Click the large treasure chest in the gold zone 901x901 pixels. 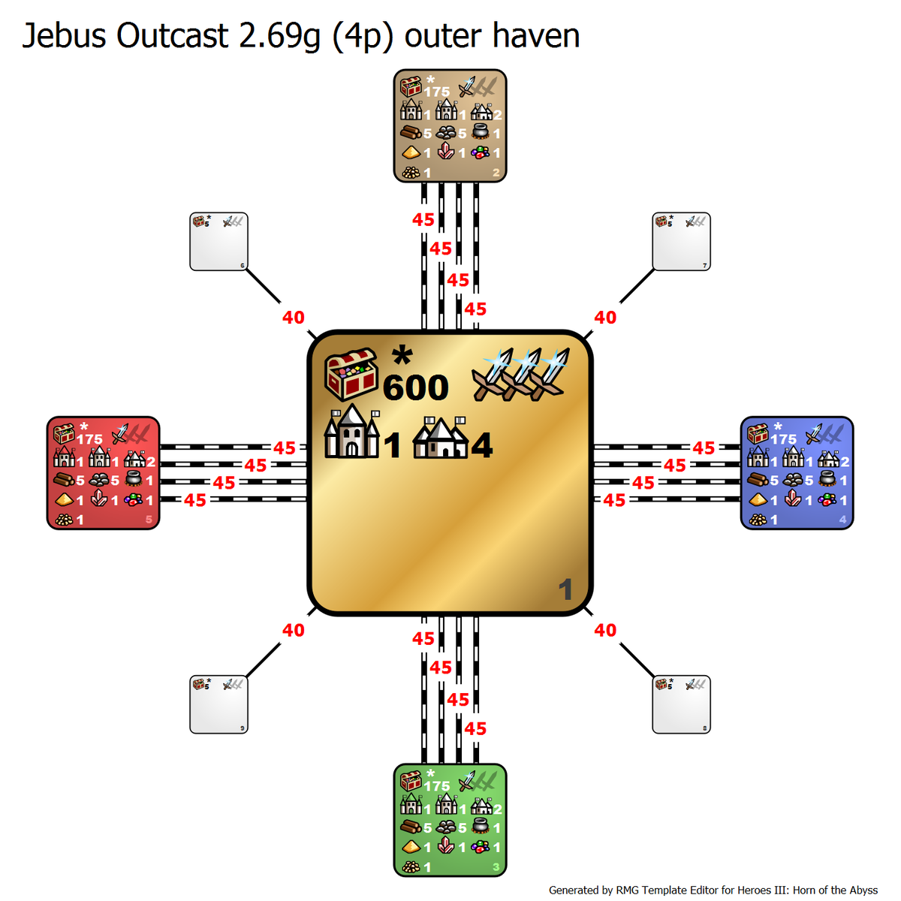click(x=351, y=373)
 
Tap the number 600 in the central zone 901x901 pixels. click(x=415, y=388)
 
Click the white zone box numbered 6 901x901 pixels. click(x=218, y=242)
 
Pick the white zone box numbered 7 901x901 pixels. click(x=681, y=242)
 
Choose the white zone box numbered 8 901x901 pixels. click(x=681, y=705)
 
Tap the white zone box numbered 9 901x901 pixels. click(x=218, y=705)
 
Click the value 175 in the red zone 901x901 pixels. click(x=89, y=439)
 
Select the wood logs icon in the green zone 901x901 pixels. click(x=411, y=827)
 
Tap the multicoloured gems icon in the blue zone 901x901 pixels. click(x=827, y=499)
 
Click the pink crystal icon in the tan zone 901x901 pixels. click(x=446, y=152)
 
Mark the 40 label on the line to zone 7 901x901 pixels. click(x=605, y=318)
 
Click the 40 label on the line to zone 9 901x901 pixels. click(x=294, y=631)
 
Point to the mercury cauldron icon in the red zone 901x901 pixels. click(x=134, y=480)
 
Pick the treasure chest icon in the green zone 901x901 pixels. click(x=411, y=781)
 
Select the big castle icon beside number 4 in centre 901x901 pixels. click(x=441, y=439)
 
